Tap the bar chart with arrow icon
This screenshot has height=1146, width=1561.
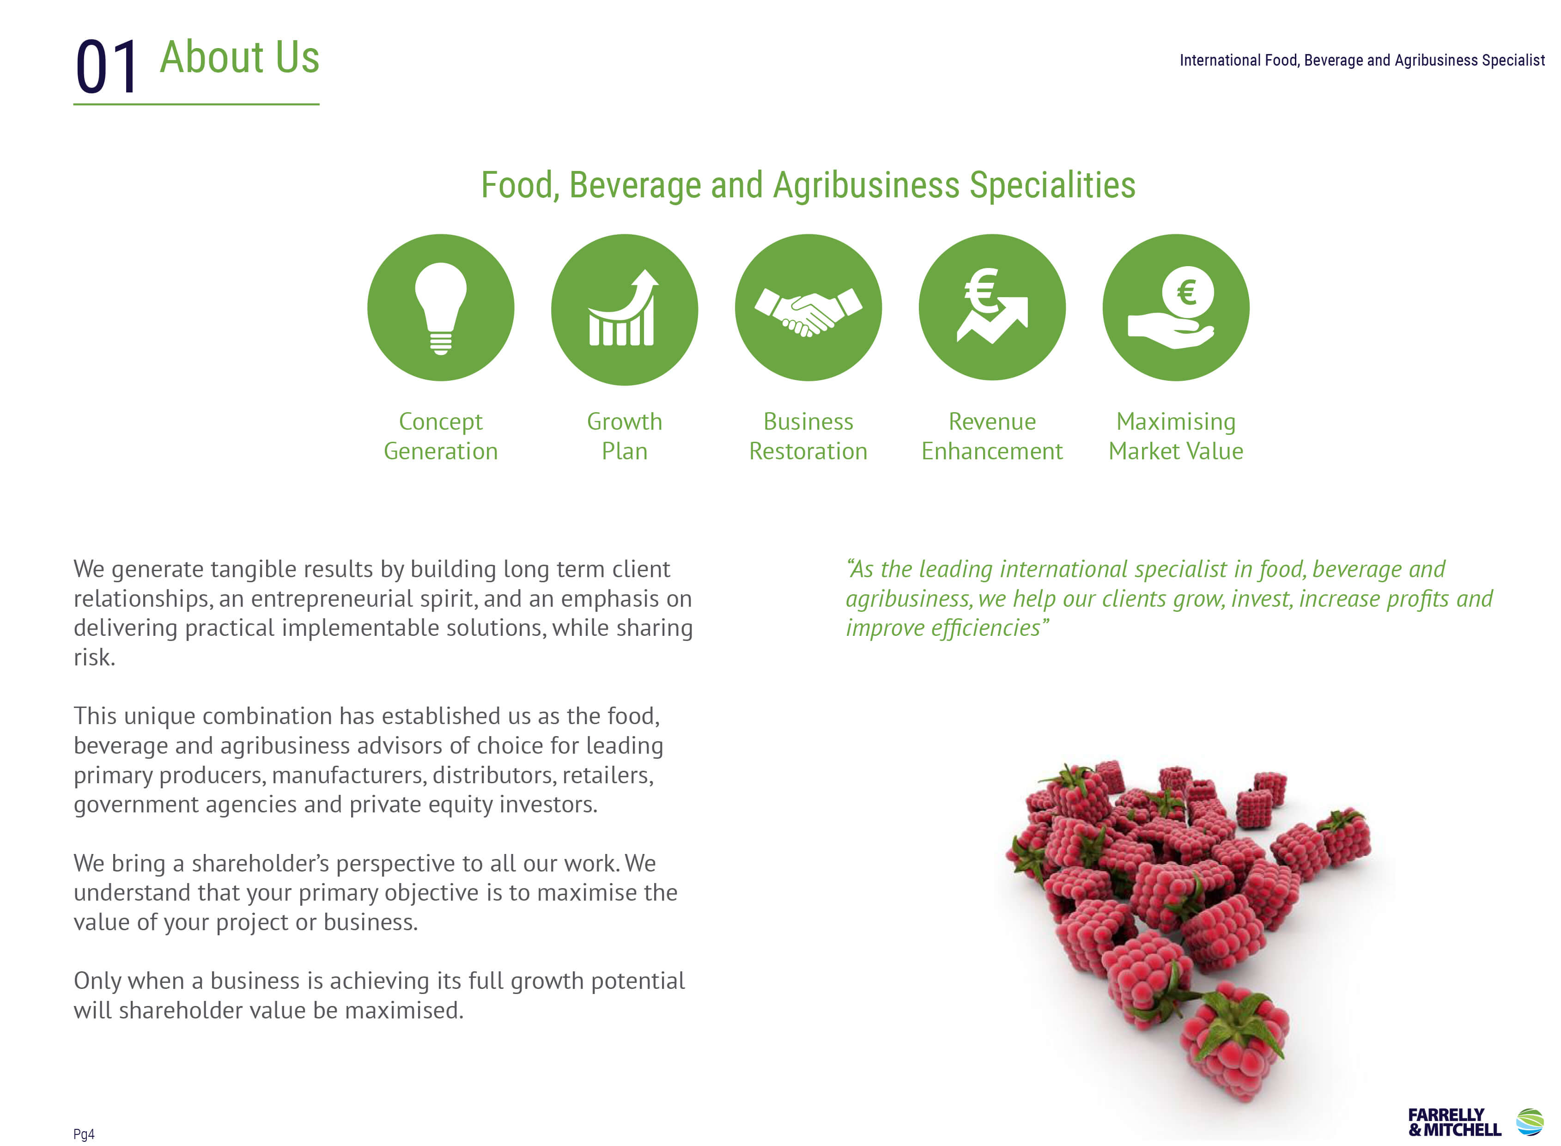tap(623, 307)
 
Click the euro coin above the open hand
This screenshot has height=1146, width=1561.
tap(1187, 292)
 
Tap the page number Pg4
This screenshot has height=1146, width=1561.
tap(84, 1134)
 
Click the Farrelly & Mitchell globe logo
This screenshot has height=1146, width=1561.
tap(1530, 1122)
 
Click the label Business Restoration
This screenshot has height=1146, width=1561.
tap(808, 436)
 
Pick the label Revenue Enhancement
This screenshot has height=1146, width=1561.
tap(992, 436)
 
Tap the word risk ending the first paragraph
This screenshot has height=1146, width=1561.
tap(94, 657)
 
